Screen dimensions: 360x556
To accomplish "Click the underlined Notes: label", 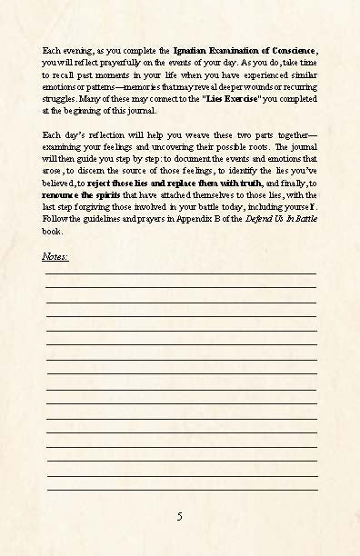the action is (x=55, y=256).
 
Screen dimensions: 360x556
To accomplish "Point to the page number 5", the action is (x=180, y=516).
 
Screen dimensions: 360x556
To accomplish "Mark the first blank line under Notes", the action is (x=181, y=271).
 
